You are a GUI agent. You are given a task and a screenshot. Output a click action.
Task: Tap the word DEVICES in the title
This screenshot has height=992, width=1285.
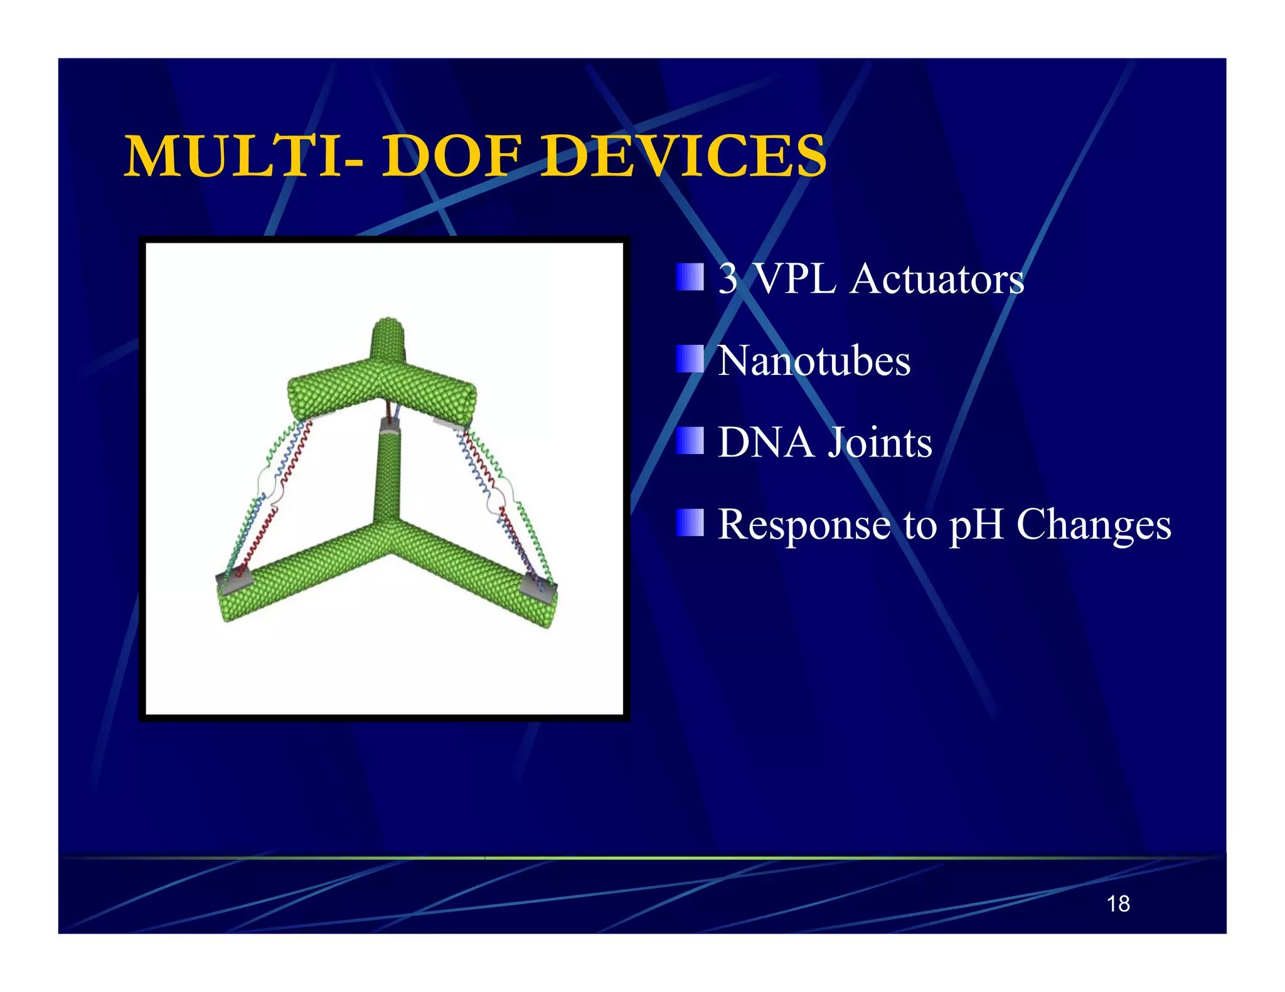(684, 156)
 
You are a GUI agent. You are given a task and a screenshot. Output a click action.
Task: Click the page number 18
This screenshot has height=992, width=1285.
(1118, 904)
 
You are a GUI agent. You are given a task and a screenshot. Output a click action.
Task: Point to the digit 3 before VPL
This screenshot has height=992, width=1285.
(728, 278)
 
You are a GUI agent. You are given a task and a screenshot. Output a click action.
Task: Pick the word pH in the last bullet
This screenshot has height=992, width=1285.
(977, 525)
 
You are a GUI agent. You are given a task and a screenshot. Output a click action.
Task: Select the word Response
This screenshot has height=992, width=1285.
(804, 525)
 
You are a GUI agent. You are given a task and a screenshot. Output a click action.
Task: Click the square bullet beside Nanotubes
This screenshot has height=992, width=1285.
(690, 359)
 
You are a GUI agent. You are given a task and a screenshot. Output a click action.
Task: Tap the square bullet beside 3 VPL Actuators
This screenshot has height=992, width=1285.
(690, 277)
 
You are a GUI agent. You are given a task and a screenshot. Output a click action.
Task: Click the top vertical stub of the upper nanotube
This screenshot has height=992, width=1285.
(387, 339)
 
